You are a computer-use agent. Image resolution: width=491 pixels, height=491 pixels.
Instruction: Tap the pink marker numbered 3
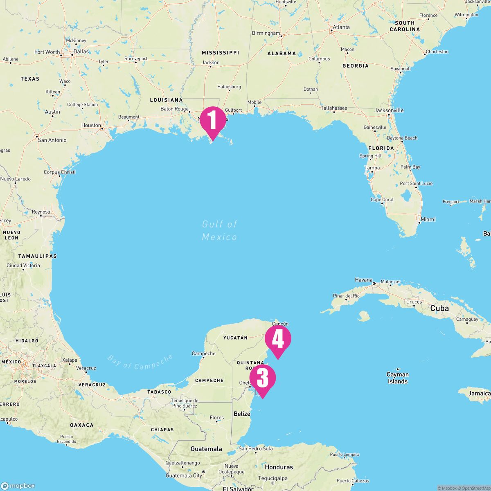click(x=262, y=378)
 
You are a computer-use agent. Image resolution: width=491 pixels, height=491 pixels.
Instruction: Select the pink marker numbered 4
click(x=278, y=339)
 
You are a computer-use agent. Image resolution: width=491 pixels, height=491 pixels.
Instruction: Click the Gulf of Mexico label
click(x=220, y=230)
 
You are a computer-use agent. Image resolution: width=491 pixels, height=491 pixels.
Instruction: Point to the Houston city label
click(x=91, y=125)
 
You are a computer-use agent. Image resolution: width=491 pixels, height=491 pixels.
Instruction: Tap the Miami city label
click(x=428, y=219)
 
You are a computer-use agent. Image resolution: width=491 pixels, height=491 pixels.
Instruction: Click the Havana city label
click(x=364, y=280)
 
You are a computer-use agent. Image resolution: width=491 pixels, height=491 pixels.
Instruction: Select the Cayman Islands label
click(x=398, y=378)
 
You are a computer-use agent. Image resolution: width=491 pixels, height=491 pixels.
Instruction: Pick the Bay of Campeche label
click(x=140, y=362)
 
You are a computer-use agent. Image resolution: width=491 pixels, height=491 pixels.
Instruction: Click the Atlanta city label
click(x=341, y=27)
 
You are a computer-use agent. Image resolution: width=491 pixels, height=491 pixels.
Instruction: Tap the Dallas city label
click(x=81, y=52)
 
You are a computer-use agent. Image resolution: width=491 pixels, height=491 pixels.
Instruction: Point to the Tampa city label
click(x=372, y=168)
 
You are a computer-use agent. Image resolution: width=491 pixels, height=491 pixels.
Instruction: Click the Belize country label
click(x=242, y=414)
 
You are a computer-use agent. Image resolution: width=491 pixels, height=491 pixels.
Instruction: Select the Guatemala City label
click(x=184, y=475)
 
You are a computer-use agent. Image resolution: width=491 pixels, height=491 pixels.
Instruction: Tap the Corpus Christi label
click(x=60, y=172)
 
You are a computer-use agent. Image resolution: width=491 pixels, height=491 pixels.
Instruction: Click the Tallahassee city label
click(x=334, y=108)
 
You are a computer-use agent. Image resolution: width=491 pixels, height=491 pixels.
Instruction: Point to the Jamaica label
click(x=480, y=393)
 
